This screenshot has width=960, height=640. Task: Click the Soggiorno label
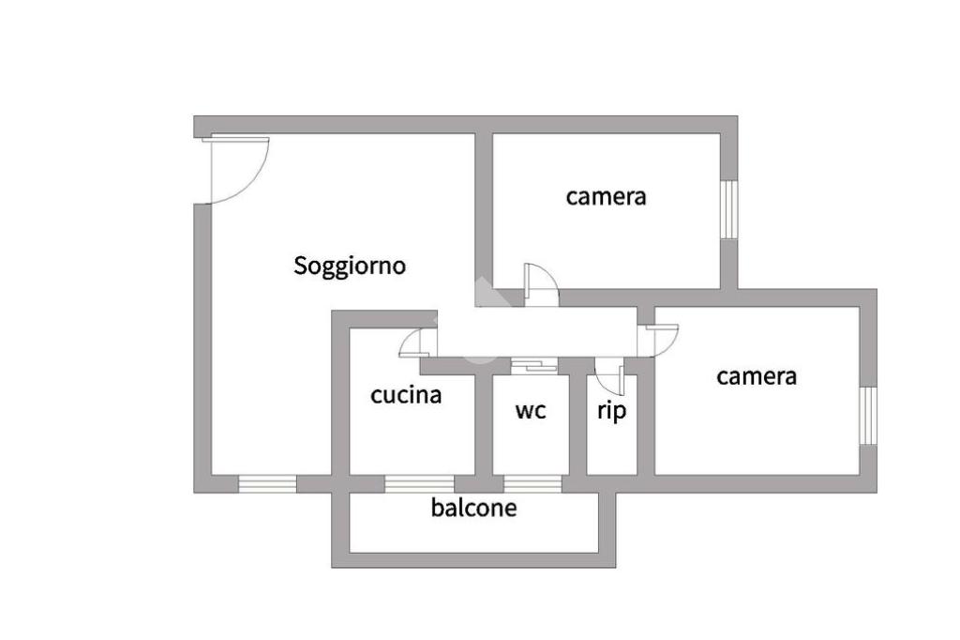tap(350, 266)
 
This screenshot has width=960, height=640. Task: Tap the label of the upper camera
tap(606, 197)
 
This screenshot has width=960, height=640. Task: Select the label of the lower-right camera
tap(757, 376)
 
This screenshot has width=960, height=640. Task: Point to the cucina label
tap(406, 395)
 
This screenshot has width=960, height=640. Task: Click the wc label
tap(531, 410)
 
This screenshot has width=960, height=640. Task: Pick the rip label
tap(611, 410)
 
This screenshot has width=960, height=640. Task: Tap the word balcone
tap(473, 509)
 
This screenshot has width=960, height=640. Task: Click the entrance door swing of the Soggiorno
tap(236, 169)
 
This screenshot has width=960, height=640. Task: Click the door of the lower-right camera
tap(659, 339)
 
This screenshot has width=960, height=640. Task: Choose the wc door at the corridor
tap(533, 365)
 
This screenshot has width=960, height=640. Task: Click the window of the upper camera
tap(728, 208)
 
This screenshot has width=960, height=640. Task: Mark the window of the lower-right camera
tap(868, 415)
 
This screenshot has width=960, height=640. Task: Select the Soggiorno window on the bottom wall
tap(267, 484)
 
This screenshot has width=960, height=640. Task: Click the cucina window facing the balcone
tap(412, 484)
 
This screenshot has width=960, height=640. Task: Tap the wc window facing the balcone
tap(532, 484)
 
